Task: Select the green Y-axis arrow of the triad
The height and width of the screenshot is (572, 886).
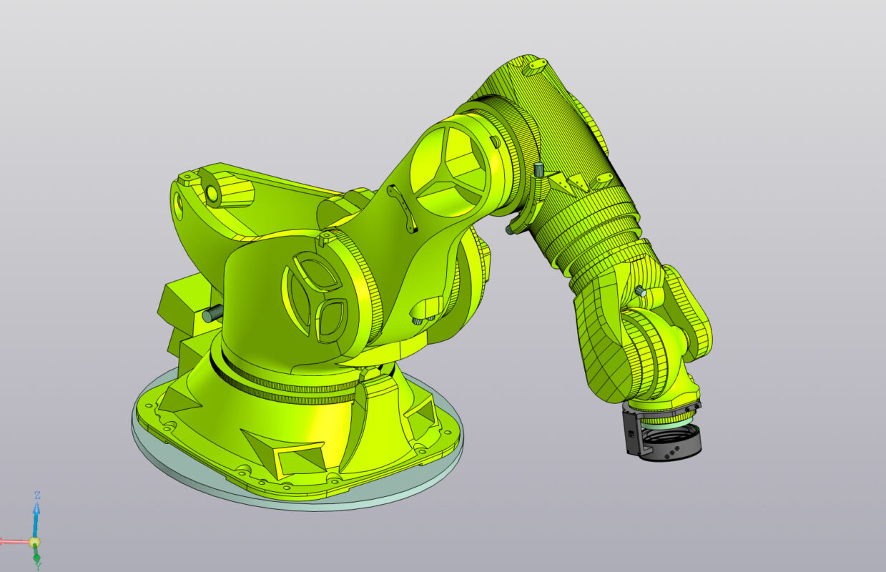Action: (37, 558)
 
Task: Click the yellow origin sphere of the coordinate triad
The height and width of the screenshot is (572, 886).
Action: (34, 542)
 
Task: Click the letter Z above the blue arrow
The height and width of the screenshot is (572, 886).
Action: (37, 495)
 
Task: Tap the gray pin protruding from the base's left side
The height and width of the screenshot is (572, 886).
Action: (212, 314)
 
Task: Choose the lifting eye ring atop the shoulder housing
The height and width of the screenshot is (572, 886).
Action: (212, 194)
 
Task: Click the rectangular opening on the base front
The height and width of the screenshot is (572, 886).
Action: (297, 458)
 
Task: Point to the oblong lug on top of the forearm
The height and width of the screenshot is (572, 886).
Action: (535, 67)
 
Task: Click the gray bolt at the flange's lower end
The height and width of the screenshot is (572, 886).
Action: (512, 228)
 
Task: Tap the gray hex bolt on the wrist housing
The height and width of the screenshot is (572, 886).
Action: (639, 291)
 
